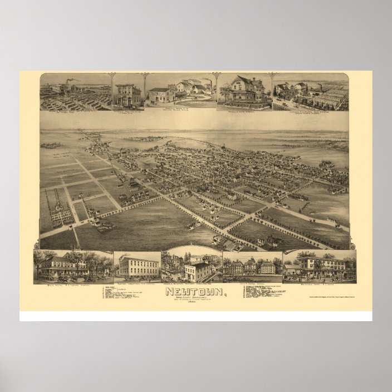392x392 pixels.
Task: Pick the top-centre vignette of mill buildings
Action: pyautogui.click(x=181, y=92)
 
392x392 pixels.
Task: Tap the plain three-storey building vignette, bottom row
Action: pyautogui.click(x=137, y=265)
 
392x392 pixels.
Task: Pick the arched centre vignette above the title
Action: pyautogui.click(x=192, y=264)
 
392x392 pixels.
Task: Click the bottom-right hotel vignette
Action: pyautogui.click(x=319, y=263)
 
